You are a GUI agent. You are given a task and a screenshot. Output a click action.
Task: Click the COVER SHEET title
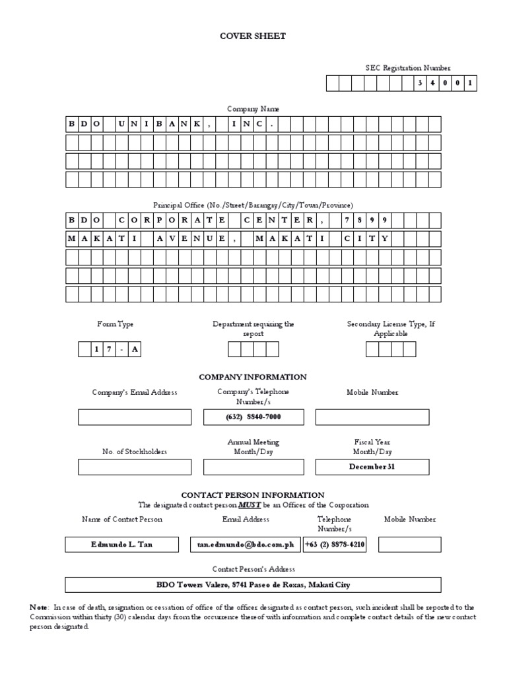[253, 36]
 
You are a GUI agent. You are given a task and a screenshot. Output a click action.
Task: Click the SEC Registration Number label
[409, 68]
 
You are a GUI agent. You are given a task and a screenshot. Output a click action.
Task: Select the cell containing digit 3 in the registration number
[419, 84]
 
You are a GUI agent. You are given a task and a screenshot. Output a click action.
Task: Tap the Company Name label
[253, 108]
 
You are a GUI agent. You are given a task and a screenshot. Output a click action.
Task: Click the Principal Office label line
[253, 205]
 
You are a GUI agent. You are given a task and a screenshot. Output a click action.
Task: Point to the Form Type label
[115, 324]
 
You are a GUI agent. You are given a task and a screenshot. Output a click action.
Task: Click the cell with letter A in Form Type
[134, 350]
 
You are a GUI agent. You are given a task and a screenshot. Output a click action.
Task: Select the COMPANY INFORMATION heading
[253, 377]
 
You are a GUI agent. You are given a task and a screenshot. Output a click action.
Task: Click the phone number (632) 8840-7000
[244, 417]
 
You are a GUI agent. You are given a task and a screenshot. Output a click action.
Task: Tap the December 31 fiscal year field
[372, 467]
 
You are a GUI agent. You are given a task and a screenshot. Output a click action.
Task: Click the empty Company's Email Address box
[135, 417]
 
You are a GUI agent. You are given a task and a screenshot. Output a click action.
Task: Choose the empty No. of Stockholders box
[135, 467]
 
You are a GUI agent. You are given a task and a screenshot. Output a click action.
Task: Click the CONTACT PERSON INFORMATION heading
[253, 494]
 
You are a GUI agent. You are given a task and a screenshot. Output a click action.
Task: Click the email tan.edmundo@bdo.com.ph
[244, 545]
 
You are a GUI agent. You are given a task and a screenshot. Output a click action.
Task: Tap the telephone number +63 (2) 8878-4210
[335, 545]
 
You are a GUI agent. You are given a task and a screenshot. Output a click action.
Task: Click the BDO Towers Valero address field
[253, 585]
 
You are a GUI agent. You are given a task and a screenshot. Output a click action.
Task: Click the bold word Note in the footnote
[38, 607]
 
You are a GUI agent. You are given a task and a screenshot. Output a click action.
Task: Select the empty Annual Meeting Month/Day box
[244, 467]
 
